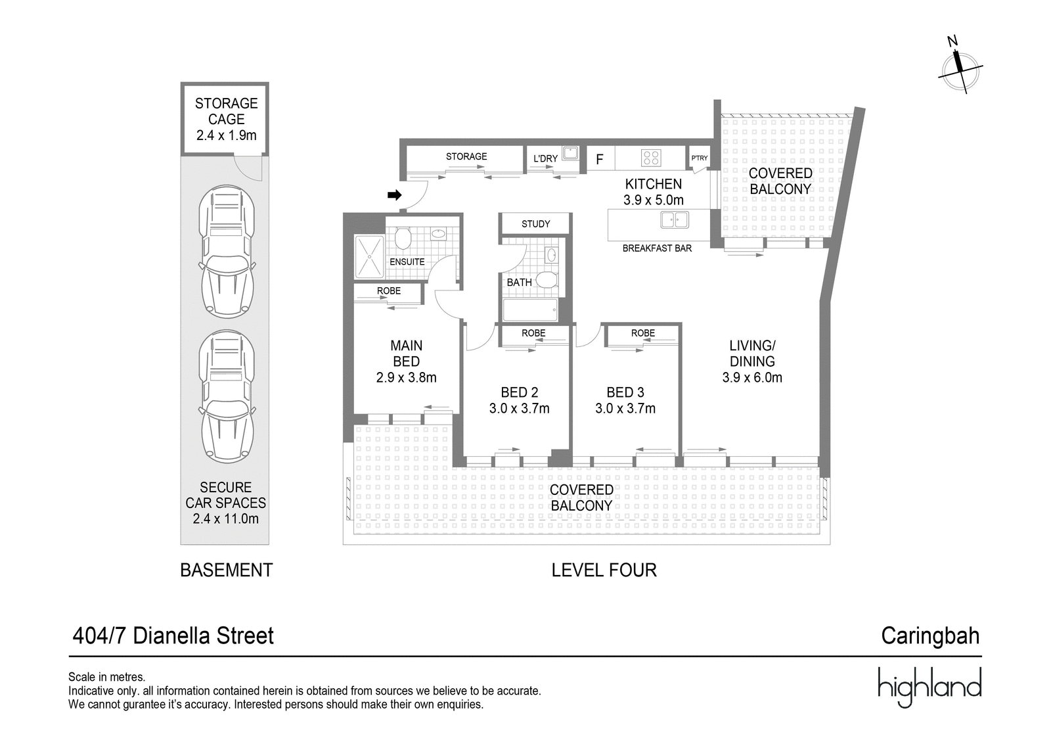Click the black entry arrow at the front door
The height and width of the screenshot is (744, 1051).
coord(394,195)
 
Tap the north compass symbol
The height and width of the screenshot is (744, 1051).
coord(960,68)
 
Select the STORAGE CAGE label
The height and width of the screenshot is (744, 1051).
coord(226,112)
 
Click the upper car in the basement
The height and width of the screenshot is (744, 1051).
coord(227,252)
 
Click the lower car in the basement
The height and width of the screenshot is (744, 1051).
coord(227,396)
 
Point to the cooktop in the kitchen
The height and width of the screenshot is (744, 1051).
coord(651,158)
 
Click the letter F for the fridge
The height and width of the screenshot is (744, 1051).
coord(599,159)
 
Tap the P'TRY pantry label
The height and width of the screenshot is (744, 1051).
coord(700,158)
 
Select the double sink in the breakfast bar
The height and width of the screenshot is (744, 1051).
coord(674,220)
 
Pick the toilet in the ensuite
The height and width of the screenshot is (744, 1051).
coord(403,238)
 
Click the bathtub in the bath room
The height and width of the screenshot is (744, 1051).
coord(529,310)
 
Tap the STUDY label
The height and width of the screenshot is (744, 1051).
coord(535,224)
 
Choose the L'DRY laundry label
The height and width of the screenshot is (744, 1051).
coord(545,158)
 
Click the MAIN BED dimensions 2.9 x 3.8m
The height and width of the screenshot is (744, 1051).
coord(406,378)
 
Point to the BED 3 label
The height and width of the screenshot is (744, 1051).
coord(625,392)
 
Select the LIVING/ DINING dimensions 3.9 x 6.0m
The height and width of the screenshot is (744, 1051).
coord(752,378)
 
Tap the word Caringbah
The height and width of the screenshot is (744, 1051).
coord(930,636)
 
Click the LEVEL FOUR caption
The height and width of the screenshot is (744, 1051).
coord(604,570)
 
